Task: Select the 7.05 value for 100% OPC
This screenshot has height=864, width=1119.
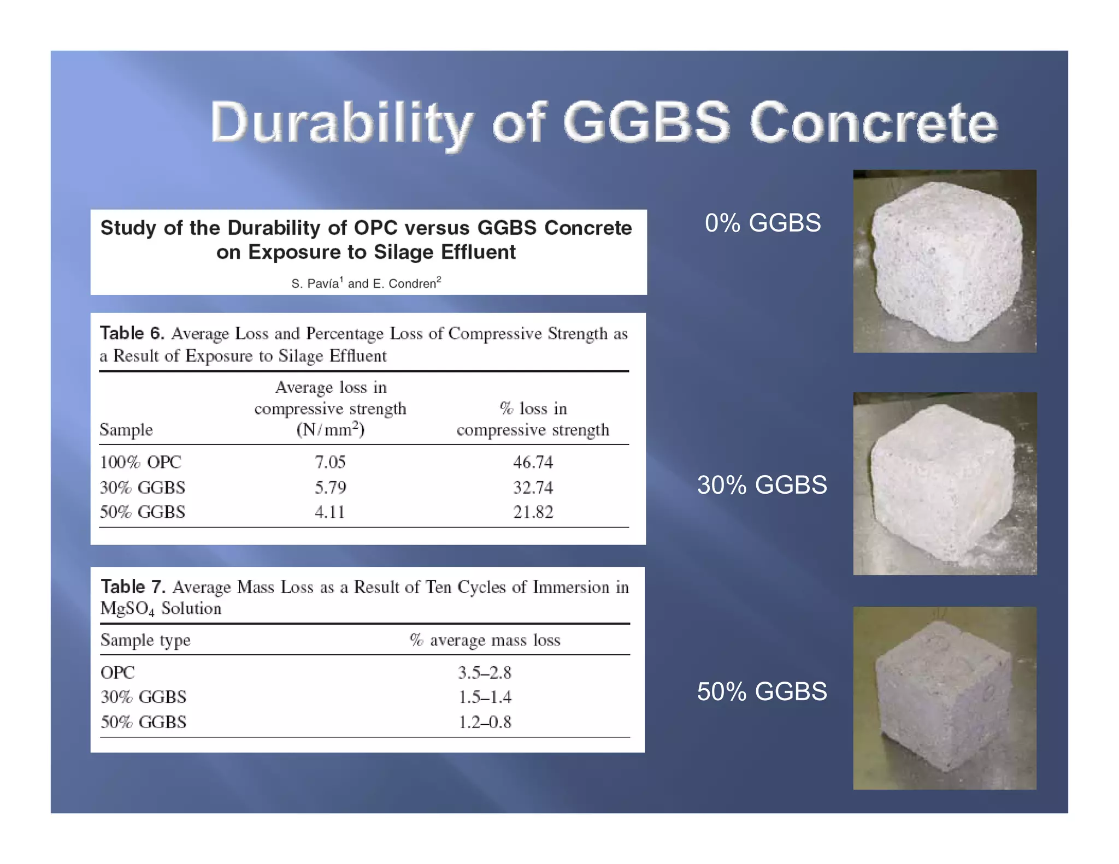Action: tap(330, 462)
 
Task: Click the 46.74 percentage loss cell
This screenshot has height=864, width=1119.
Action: tap(533, 462)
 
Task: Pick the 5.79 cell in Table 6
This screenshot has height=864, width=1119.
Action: tap(330, 487)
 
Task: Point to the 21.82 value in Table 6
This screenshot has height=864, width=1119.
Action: tap(533, 512)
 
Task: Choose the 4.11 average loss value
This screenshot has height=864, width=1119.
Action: tap(330, 512)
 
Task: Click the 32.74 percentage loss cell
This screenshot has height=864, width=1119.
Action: tap(533, 487)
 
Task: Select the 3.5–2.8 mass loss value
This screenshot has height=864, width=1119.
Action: tap(485, 672)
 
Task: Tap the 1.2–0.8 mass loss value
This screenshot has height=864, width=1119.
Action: tap(485, 722)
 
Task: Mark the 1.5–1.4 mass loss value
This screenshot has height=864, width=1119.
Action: tap(485, 697)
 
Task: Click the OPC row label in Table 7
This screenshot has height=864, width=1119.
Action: tap(117, 672)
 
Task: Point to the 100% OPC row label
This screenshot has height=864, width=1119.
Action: tap(140, 462)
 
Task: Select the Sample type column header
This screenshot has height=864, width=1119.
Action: tap(145, 640)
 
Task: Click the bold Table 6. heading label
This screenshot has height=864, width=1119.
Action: tap(132, 333)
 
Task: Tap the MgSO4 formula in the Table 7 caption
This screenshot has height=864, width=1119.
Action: tap(127, 609)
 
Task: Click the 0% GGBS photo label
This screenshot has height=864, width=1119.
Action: tap(763, 223)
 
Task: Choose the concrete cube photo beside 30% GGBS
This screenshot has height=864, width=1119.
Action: tap(945, 483)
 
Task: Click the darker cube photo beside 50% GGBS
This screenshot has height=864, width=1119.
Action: tap(945, 698)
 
